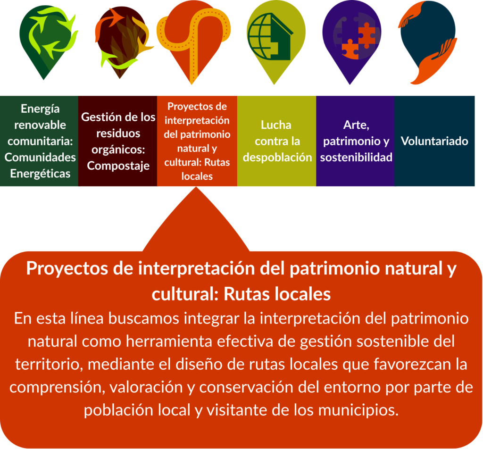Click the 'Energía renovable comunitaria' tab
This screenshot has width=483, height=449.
click(x=39, y=141)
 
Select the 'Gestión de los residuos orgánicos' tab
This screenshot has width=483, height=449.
click(x=117, y=141)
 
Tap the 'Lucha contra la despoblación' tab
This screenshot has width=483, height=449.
click(x=276, y=141)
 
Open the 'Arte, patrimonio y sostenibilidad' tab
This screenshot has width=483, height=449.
click(x=356, y=141)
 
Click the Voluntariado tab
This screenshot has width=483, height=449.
click(x=434, y=141)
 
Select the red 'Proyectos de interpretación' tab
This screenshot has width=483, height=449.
click(x=197, y=141)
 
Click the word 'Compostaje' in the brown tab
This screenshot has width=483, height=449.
click(x=118, y=166)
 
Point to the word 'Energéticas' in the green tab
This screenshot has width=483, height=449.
click(x=41, y=174)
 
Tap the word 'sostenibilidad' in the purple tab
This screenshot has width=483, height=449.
click(x=356, y=158)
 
